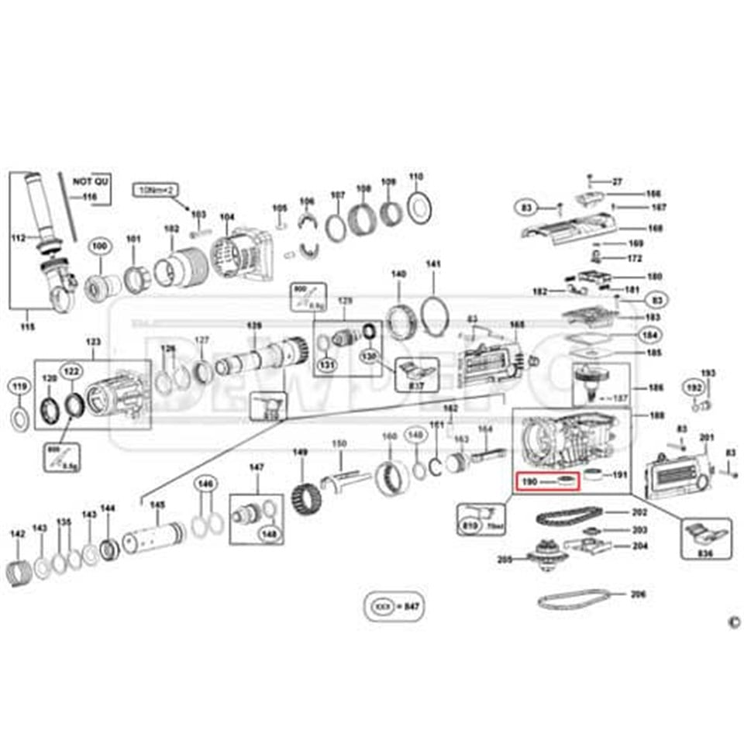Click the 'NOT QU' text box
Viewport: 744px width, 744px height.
point(91,181)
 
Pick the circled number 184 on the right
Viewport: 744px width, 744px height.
point(648,336)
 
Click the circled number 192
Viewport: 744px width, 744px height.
point(694,387)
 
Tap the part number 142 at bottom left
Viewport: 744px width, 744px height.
point(17,533)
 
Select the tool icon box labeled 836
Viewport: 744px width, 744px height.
point(704,537)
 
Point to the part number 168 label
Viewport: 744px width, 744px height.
point(655,229)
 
